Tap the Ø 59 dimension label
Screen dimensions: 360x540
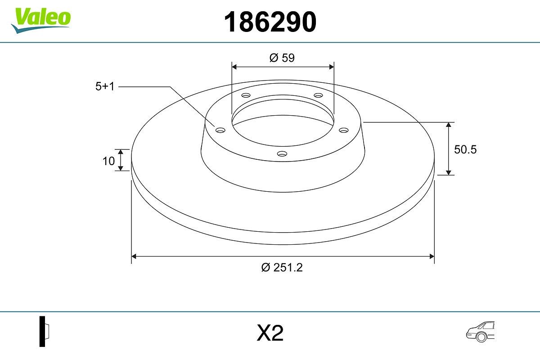[282, 58]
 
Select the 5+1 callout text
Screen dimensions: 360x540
[105, 87]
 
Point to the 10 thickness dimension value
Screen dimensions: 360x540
[108, 161]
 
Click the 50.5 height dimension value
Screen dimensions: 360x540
[465, 150]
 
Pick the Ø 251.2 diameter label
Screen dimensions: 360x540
[282, 267]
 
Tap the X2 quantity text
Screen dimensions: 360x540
[270, 333]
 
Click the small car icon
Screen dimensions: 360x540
[480, 332]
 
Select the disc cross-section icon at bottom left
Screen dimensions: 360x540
[43, 331]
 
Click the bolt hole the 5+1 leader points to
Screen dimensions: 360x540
[220, 130]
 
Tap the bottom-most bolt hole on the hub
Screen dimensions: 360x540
[282, 154]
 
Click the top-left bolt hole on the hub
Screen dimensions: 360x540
[246, 95]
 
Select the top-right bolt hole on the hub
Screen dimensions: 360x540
[319, 95]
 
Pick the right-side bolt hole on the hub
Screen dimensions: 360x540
[344, 130]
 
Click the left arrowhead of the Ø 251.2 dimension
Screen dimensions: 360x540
[134, 256]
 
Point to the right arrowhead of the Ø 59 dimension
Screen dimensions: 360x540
[332, 67]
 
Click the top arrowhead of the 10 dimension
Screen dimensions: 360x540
[121, 152]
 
